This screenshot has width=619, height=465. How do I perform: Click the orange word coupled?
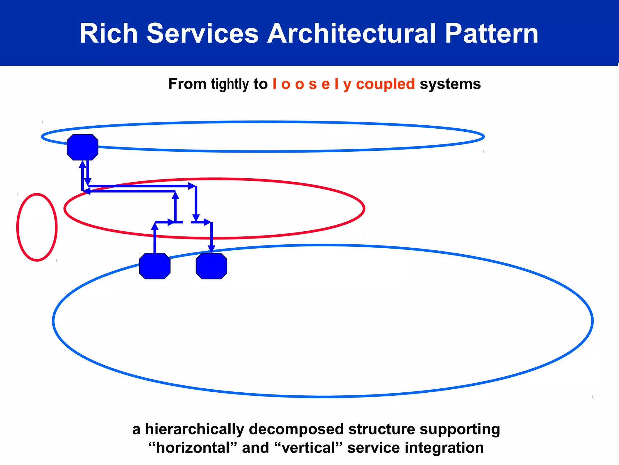click(385, 84)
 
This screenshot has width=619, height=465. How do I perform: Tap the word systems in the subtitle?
click(450, 84)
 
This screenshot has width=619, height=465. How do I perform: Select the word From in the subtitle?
click(187, 84)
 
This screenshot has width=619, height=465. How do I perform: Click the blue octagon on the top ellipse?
click(83, 147)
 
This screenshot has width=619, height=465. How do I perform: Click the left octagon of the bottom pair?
click(154, 266)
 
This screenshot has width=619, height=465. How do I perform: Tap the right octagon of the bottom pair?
click(211, 266)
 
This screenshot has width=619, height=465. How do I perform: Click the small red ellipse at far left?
click(37, 227)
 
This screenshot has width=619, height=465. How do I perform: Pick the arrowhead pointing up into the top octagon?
click(83, 164)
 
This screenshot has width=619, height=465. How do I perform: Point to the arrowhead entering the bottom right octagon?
click(212, 249)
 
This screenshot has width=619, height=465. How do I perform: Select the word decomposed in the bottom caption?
click(296, 429)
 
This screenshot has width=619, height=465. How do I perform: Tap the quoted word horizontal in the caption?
click(193, 448)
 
